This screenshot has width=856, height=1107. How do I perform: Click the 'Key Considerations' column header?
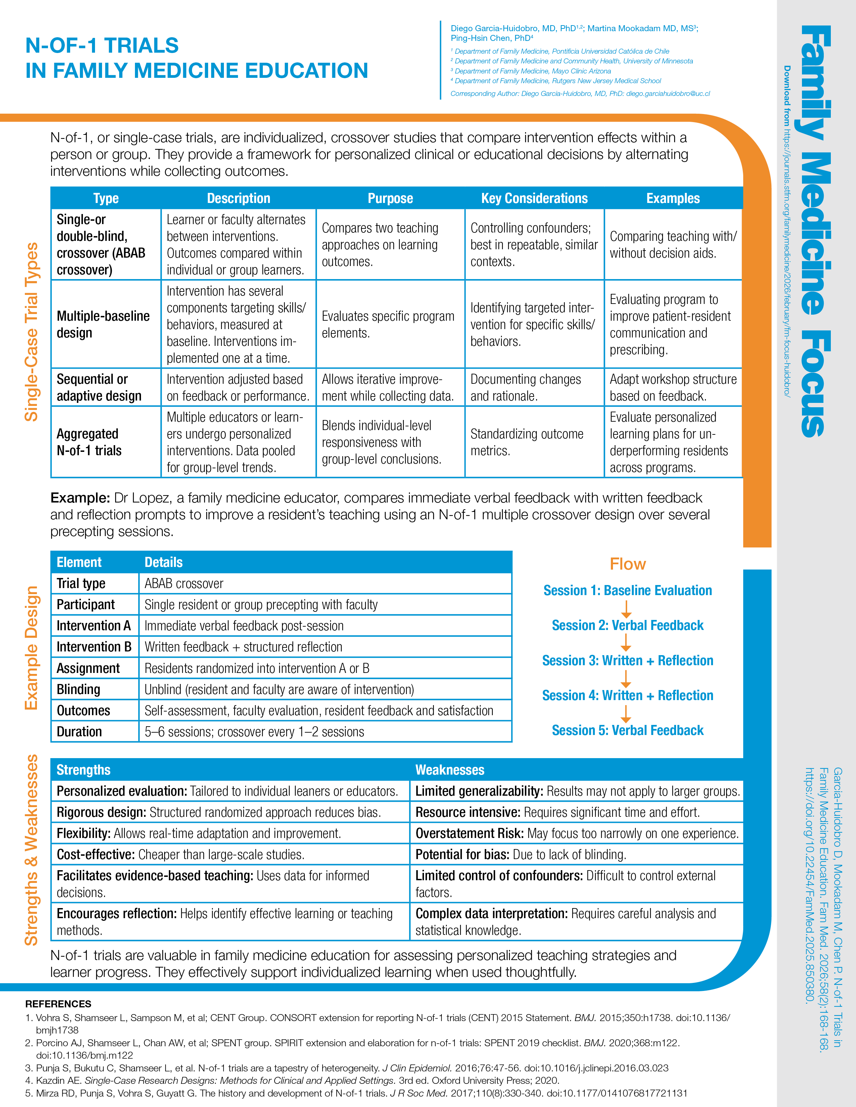click(534, 198)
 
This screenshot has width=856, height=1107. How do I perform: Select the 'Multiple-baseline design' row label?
click(103, 324)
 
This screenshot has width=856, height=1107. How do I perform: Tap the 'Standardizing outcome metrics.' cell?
click(527, 442)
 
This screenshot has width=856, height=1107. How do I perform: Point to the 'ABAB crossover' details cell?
click(184, 583)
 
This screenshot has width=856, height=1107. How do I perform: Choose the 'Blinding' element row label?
click(79, 689)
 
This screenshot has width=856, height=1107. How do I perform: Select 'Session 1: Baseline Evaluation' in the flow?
click(627, 590)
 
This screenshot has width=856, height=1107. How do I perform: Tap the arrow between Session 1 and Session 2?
click(626, 608)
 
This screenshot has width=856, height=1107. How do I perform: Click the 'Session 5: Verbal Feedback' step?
click(627, 730)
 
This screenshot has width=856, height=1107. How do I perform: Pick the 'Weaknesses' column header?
click(450, 770)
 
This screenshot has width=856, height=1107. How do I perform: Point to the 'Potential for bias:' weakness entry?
click(462, 855)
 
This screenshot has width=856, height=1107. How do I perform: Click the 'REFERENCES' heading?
click(58, 1004)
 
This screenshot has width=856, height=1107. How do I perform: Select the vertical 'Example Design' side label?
click(32, 648)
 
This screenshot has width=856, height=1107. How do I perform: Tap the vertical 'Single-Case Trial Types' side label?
click(32, 332)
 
